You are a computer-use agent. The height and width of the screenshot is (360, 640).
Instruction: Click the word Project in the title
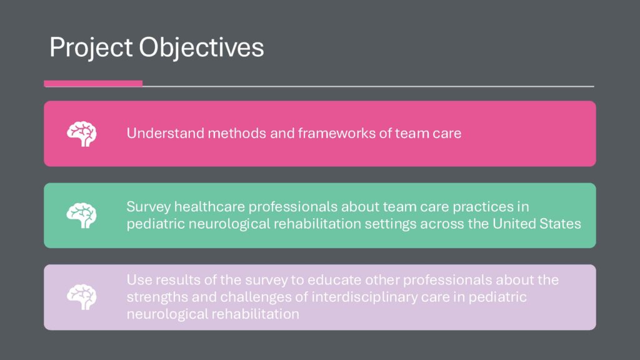point(91,48)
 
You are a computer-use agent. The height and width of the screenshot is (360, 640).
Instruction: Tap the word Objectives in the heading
point(201,48)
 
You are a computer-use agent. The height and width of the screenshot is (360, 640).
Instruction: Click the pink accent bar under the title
point(93,84)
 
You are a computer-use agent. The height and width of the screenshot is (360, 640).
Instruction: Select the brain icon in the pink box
point(82,134)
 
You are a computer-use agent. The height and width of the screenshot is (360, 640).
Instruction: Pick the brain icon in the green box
point(82,216)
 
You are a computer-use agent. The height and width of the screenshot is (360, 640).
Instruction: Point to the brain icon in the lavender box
point(82,297)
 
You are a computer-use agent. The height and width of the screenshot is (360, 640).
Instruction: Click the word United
point(515,224)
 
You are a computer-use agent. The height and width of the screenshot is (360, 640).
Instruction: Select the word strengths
point(157,297)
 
